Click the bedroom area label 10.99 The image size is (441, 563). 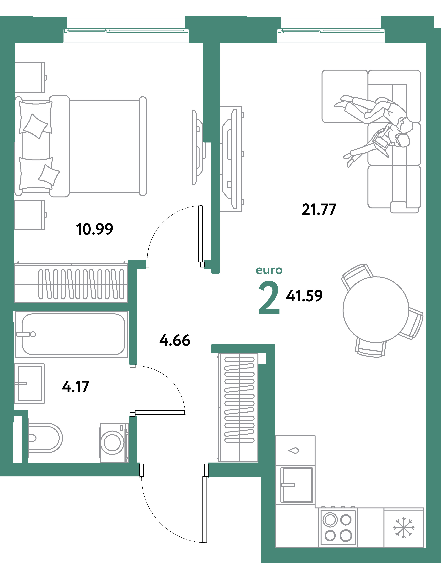95,229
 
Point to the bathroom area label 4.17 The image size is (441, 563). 76,387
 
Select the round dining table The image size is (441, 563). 376,310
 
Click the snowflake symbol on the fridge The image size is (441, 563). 404,528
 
